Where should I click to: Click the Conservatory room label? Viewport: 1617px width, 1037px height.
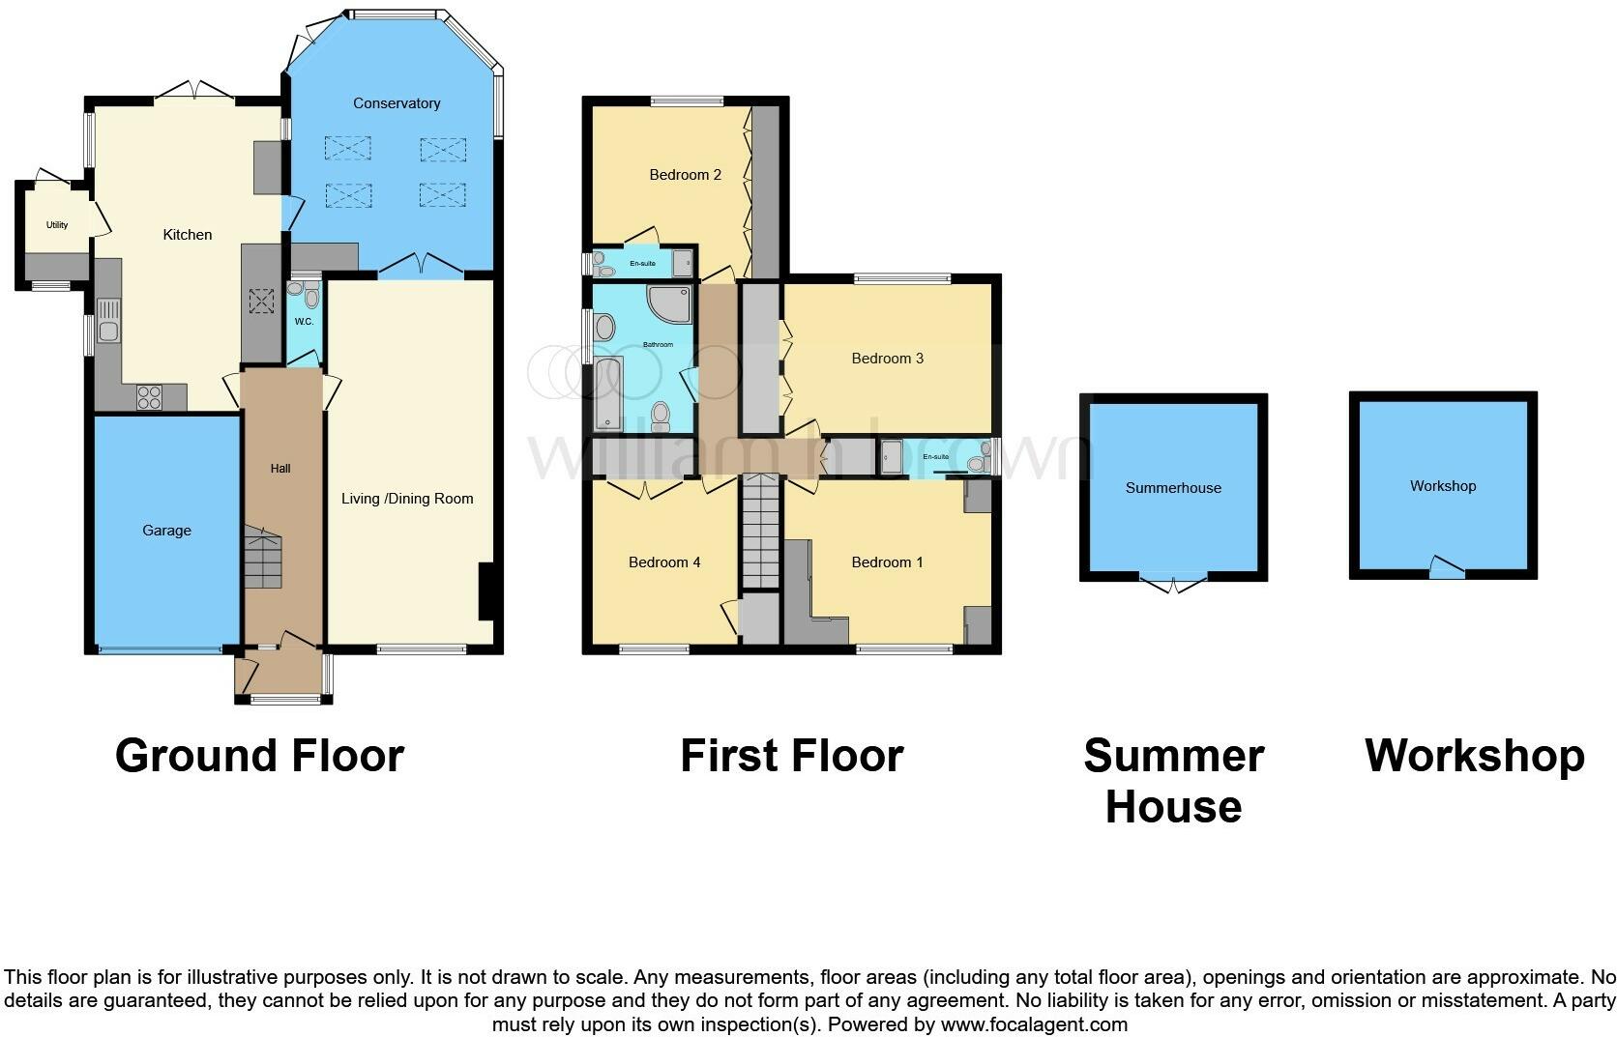397,103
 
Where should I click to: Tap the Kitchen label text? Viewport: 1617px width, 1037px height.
187,235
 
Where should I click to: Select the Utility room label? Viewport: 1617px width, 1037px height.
57,225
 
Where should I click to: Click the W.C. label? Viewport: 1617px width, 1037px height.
304,322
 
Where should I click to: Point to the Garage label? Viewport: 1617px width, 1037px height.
166,531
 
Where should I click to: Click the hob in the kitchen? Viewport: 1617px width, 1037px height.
150,397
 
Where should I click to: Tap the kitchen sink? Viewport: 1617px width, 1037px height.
108,320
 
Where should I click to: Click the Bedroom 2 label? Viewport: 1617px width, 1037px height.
685,175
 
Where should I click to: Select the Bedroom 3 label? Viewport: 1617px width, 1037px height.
887,359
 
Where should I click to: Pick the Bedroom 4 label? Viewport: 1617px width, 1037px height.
664,562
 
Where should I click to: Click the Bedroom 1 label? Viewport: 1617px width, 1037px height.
887,562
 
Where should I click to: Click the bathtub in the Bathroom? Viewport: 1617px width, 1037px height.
608,393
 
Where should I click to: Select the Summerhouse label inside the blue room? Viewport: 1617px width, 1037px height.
1173,488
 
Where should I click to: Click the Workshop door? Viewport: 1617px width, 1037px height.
1448,567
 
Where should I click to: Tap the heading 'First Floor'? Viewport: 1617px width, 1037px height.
792,756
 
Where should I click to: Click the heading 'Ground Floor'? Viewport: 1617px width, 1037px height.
260,756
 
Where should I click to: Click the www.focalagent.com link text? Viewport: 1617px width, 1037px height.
1034,1024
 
